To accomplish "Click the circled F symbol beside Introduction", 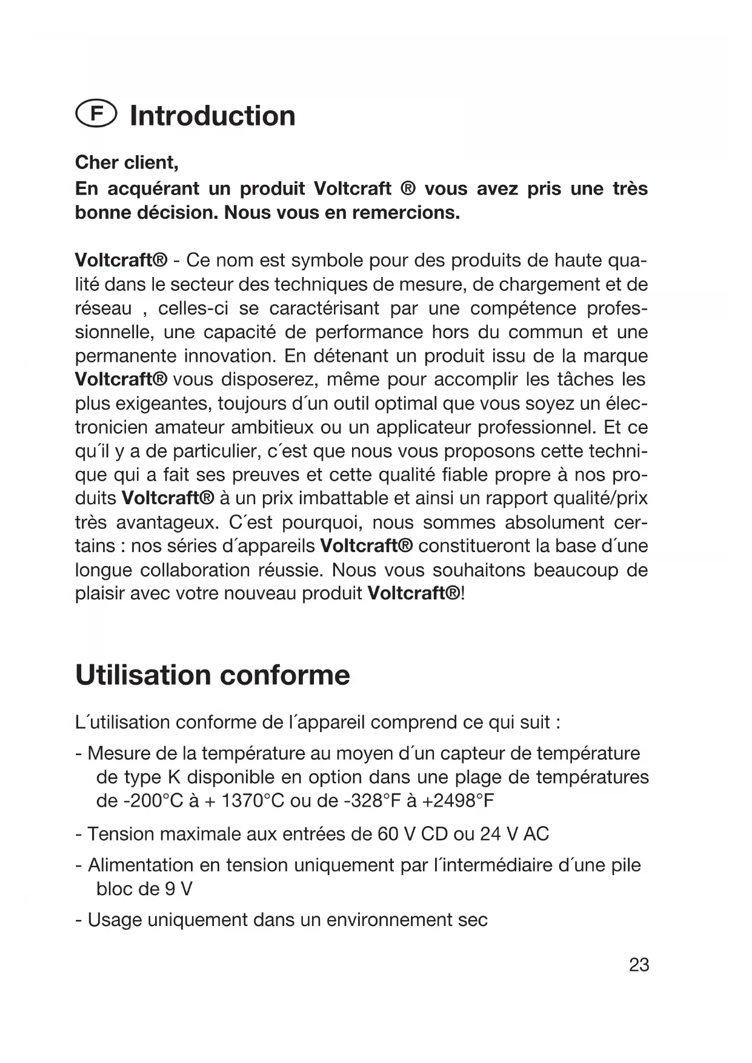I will pyautogui.click(x=95, y=115).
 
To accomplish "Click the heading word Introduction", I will pyautogui.click(x=213, y=116).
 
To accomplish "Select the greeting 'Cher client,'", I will pyautogui.click(x=127, y=163).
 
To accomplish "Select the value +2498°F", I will pyautogui.click(x=458, y=801).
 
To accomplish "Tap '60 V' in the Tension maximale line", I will pyautogui.click(x=396, y=834).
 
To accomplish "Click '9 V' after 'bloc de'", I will pyautogui.click(x=178, y=889).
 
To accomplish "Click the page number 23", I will pyautogui.click(x=639, y=965).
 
